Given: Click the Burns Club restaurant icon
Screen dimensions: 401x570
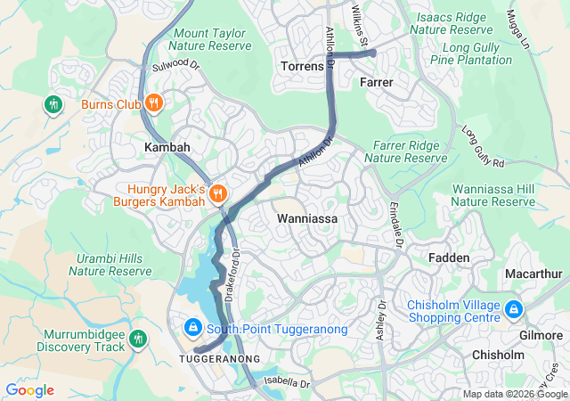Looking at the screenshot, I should (x=153, y=103).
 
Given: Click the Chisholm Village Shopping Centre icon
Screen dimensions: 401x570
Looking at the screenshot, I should (x=513, y=310).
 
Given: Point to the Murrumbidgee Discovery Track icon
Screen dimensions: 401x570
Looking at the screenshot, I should (x=137, y=339).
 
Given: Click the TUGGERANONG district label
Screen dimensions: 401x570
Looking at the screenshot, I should (x=219, y=358).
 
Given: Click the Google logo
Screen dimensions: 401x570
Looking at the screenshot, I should (x=29, y=390).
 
